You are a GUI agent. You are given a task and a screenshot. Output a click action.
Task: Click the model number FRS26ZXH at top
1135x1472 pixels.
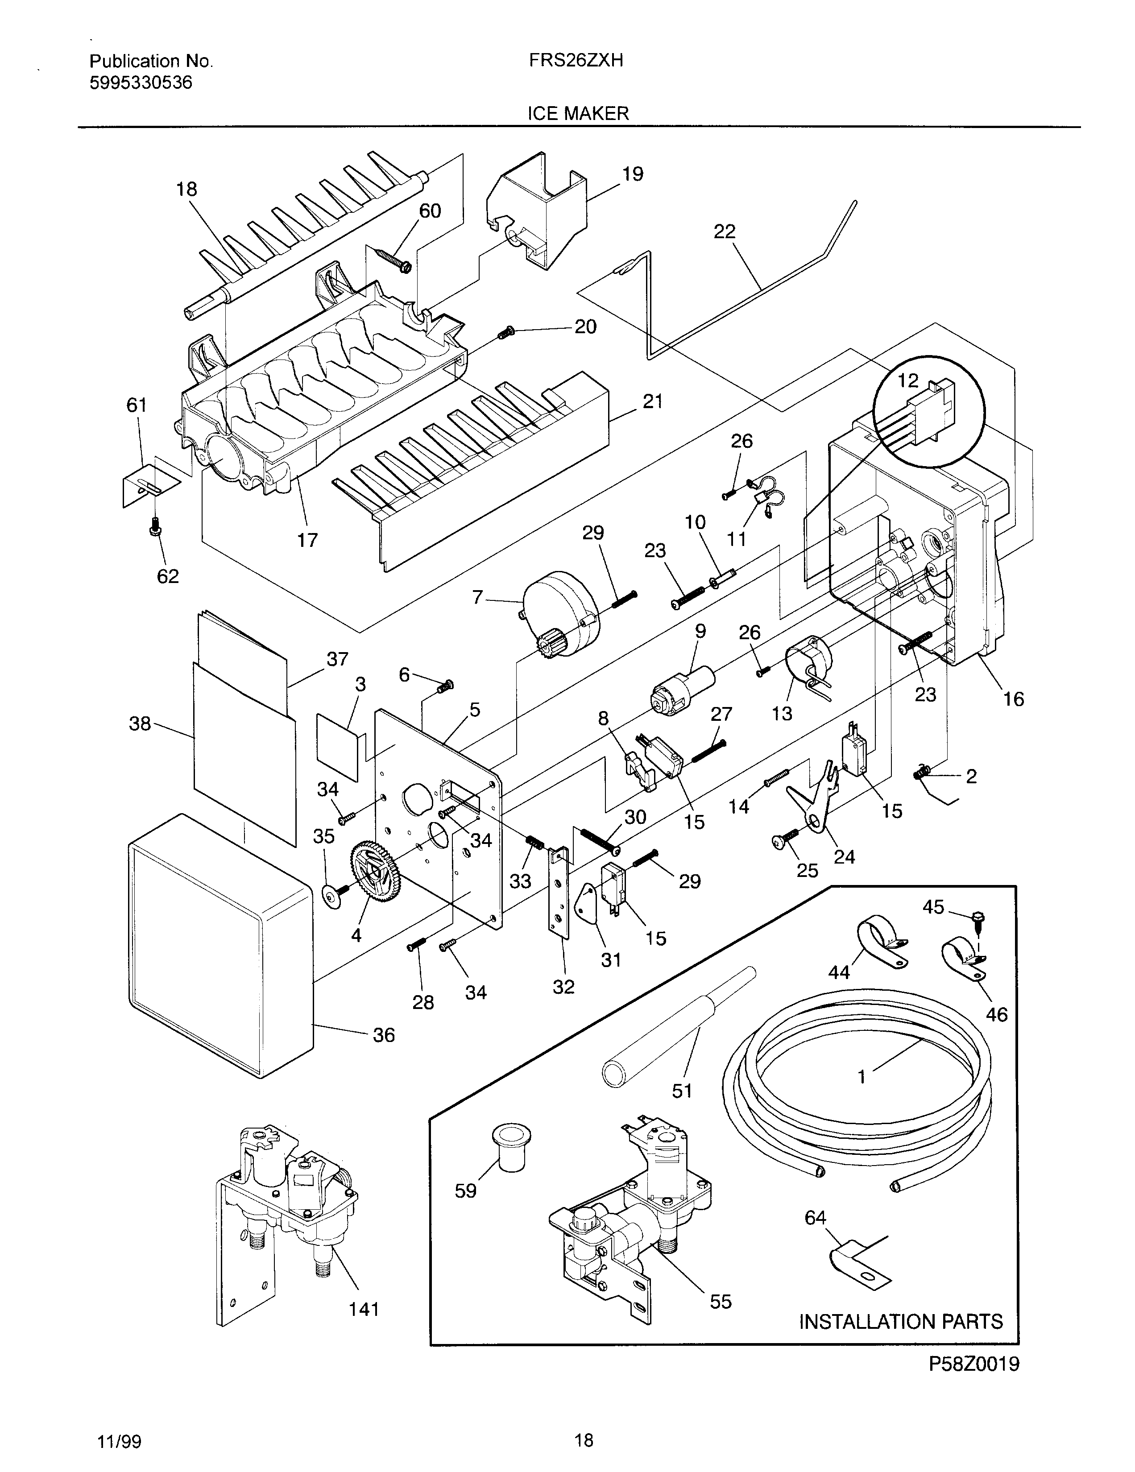point(576,61)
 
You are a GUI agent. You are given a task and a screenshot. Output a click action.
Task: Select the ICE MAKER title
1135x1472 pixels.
point(578,113)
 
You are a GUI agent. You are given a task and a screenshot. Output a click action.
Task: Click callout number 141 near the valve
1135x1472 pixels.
point(364,1309)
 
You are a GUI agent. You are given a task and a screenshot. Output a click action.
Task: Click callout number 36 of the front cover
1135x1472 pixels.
point(384,1034)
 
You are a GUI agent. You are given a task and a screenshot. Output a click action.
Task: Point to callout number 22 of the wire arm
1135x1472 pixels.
point(725,232)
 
